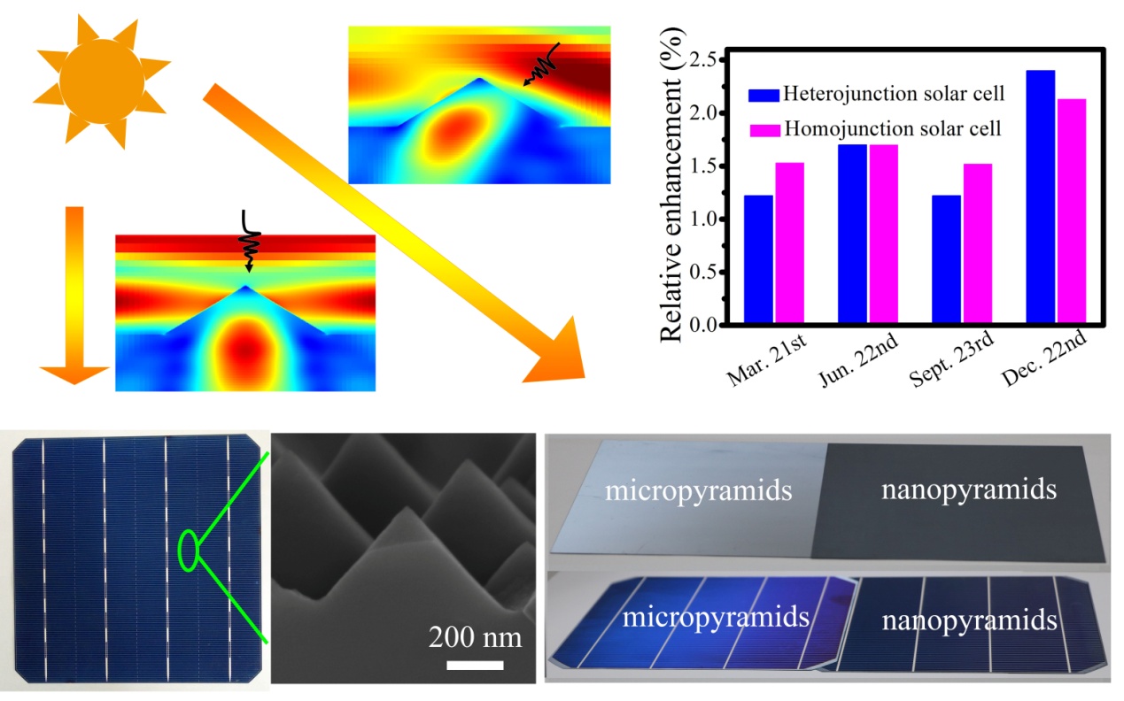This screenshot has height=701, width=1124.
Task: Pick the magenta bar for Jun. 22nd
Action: pos(883,235)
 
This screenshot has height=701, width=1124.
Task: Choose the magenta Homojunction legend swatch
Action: pos(764,130)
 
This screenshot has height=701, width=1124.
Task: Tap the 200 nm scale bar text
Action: pos(475,636)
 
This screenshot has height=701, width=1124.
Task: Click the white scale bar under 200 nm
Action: pos(475,663)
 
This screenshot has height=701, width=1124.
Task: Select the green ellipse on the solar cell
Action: pos(188,550)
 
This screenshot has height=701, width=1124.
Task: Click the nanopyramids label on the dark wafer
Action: pos(968,489)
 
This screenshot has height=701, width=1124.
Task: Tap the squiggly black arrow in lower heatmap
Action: pos(248,241)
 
